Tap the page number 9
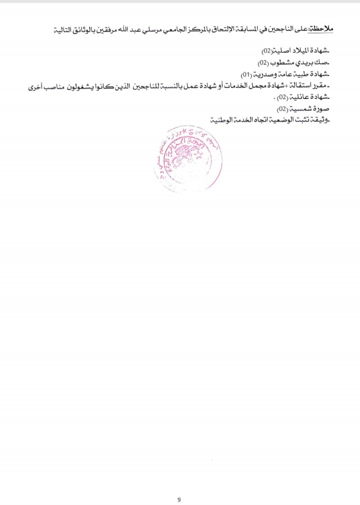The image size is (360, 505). click(179, 485)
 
